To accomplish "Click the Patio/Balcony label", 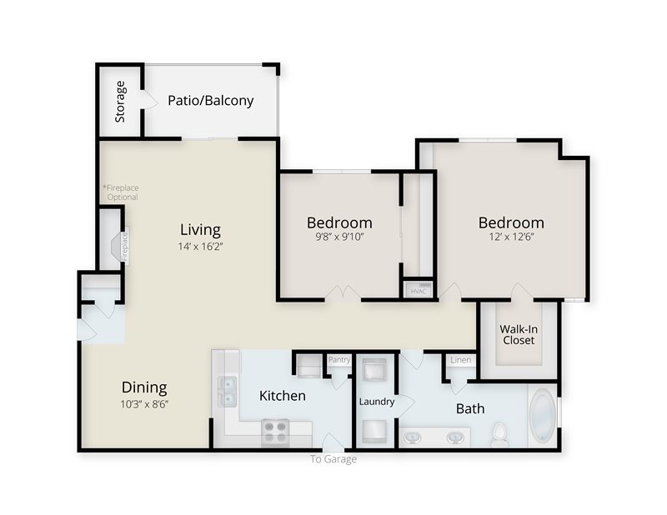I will coord(210,101).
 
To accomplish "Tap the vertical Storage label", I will coord(121,101).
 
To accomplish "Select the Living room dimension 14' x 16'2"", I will coord(201,247).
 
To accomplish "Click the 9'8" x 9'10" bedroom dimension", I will coord(339,237).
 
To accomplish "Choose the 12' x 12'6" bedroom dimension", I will coord(510,237).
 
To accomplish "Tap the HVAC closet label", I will coord(419,291).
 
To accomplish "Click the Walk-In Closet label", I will coord(519,334).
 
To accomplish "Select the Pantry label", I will coord(339,360).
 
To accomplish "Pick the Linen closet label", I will coord(460,360).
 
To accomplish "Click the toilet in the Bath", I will coord(500,433).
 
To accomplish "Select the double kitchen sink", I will coord(227,391).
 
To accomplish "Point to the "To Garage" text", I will coord(333,459).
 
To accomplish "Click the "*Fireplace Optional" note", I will coord(121,192).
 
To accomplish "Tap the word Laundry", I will coord(377,402).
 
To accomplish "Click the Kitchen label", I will coord(282,396).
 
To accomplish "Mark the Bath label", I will coord(470,409).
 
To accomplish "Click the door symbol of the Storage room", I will coord(148,100).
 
